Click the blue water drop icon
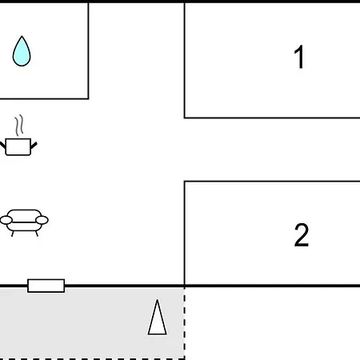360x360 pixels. pyautogui.click(x=22, y=52)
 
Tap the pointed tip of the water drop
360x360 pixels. pyautogui.click(x=22, y=36)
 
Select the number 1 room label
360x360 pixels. pyautogui.click(x=299, y=57)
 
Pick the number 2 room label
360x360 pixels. pyautogui.click(x=302, y=234)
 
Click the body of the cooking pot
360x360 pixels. pyautogui.click(x=18, y=146)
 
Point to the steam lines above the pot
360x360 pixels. pyautogui.click(x=19, y=126)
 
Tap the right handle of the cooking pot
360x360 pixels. pyautogui.click(x=34, y=146)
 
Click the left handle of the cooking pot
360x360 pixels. pyautogui.click(x=2, y=146)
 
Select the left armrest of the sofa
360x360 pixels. pyautogui.click(x=6, y=220)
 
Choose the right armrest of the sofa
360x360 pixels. pyautogui.click(x=42, y=220)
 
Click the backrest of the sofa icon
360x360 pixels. pyautogui.click(x=24, y=214)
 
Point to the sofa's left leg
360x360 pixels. pyautogui.click(x=13, y=234)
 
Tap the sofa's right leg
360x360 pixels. pyautogui.click(x=37, y=234)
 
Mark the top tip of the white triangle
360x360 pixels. pyautogui.click(x=158, y=300)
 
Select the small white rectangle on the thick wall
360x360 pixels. pyautogui.click(x=46, y=286)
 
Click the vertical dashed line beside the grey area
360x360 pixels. pyautogui.click(x=184, y=323)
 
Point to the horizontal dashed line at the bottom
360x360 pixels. pyautogui.click(x=92, y=359)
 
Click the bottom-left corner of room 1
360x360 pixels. pyautogui.click(x=185, y=118)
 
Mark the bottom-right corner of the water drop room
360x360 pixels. pyautogui.click(x=88, y=98)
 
